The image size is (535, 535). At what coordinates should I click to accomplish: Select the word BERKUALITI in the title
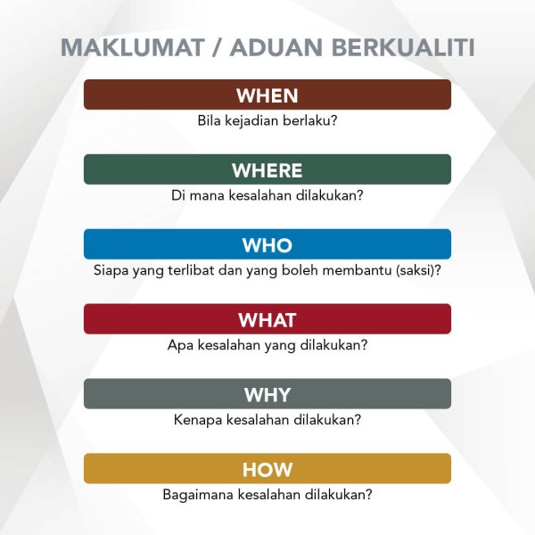406,47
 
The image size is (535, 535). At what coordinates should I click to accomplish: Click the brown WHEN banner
267,95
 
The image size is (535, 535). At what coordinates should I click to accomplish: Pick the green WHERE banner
267,169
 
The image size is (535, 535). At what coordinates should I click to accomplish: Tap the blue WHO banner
267,244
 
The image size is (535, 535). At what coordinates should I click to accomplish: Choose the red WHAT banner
267,319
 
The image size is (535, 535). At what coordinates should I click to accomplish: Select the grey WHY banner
267,394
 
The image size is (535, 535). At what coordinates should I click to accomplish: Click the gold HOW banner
267,469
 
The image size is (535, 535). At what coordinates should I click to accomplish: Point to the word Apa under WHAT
179,345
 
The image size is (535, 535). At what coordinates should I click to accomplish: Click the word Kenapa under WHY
197,420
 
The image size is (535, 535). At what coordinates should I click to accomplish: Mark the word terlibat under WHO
191,270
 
